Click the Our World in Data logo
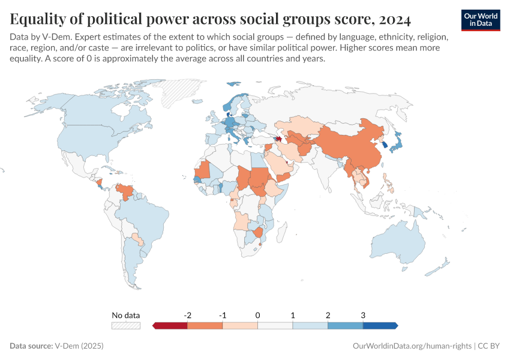click(480, 20)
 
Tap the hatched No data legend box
click(126, 325)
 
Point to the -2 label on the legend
click(187, 315)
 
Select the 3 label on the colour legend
click(362, 315)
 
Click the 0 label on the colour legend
click(257, 315)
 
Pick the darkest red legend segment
click(170, 325)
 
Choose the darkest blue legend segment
click(380, 325)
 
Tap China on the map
click(354, 147)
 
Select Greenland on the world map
click(180, 90)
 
